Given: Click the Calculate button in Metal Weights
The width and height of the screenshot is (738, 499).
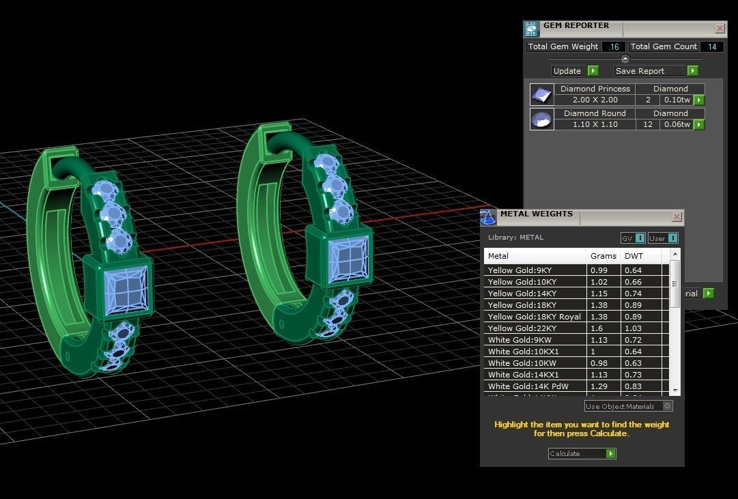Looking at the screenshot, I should [582, 453].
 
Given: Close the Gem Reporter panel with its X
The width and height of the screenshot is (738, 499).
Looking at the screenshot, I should [720, 29].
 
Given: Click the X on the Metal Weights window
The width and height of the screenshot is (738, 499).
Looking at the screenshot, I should [677, 217].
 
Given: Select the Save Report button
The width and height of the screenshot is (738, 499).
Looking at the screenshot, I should [655, 71].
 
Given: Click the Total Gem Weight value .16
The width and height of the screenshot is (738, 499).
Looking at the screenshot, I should [614, 46].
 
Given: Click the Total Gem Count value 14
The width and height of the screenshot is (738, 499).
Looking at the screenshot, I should [712, 46].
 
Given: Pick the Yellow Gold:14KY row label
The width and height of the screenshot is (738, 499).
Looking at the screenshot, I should [522, 294].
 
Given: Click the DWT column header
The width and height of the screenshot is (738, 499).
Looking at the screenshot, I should [633, 256].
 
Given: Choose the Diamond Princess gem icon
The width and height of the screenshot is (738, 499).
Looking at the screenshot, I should [542, 94].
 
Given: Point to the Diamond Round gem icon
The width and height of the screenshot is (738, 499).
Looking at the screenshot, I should [542, 119].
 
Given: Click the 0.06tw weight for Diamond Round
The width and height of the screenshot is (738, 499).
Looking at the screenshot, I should [677, 124].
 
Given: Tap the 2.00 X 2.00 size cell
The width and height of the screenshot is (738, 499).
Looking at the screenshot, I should [595, 100].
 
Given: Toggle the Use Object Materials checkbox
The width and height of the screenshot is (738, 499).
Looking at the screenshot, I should [667, 406].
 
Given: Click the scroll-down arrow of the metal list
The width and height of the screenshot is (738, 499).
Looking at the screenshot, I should [675, 390].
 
